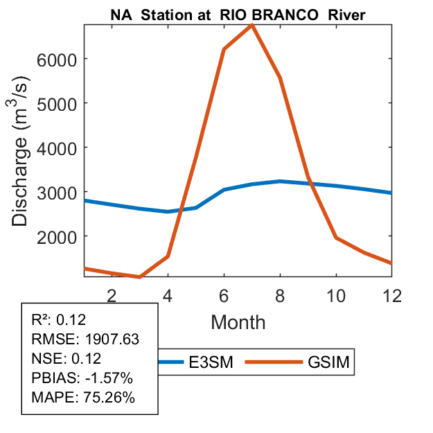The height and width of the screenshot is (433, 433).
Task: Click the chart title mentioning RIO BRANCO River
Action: point(239,13)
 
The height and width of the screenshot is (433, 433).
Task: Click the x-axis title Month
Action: point(238,321)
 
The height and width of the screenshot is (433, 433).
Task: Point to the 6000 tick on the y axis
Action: point(60,59)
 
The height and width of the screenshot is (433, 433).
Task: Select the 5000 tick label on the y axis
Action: point(60,103)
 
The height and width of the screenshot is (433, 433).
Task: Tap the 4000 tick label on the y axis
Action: point(60,148)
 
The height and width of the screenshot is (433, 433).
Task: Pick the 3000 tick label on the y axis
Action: point(60,192)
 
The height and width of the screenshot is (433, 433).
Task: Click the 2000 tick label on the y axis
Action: point(60,236)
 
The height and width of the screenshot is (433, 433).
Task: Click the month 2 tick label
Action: point(112,294)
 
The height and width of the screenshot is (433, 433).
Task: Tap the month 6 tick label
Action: point(224,294)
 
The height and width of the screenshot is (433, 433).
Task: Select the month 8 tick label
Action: point(280,294)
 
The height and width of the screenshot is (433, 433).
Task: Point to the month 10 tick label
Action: point(336,294)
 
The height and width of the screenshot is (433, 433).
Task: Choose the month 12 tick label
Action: point(392,294)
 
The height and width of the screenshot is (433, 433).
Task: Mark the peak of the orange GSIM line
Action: point(252,26)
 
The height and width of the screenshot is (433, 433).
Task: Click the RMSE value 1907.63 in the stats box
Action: point(111,339)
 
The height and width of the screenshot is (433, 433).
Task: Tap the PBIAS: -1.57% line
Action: point(82,378)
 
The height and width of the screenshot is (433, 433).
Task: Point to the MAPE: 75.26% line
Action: point(83,398)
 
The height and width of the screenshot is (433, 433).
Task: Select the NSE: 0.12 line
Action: point(67,359)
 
